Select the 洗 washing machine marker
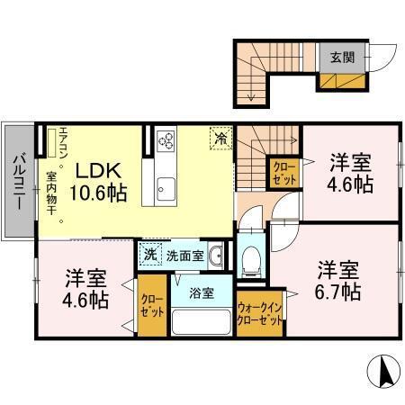149,255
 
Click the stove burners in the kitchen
167,139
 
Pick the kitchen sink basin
166,189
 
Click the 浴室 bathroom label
201,293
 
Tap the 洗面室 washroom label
184,255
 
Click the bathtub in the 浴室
201,323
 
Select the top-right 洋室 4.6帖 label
350,173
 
